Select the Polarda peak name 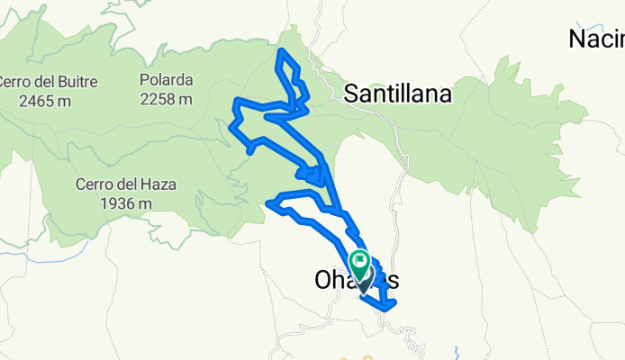(166, 80)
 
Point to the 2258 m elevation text (166, 99)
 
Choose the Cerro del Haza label (125, 185)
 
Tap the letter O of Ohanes (325, 281)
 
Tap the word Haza (159, 185)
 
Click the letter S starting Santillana (352, 93)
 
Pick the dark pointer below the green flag (363, 287)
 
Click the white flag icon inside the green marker (361, 263)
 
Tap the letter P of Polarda (144, 80)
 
